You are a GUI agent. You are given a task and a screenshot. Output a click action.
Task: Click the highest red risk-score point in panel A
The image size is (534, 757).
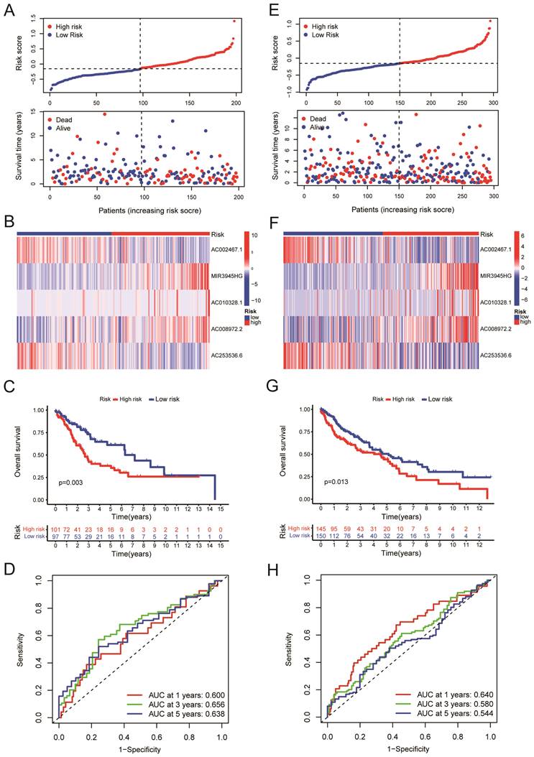point(234,21)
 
